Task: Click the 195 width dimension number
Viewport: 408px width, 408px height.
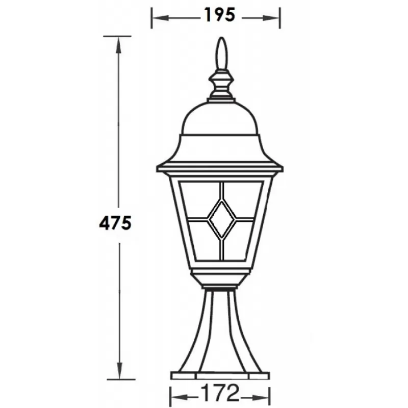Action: pyautogui.click(x=220, y=15)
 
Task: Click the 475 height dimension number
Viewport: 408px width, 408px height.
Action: pyautogui.click(x=116, y=223)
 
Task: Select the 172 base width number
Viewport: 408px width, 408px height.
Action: pyautogui.click(x=220, y=393)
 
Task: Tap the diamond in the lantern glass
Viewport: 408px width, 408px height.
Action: pyautogui.click(x=222, y=219)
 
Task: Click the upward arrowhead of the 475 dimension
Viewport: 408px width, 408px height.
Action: pyautogui.click(x=118, y=45)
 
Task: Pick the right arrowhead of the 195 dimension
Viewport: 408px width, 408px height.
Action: pyautogui.click(x=271, y=18)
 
